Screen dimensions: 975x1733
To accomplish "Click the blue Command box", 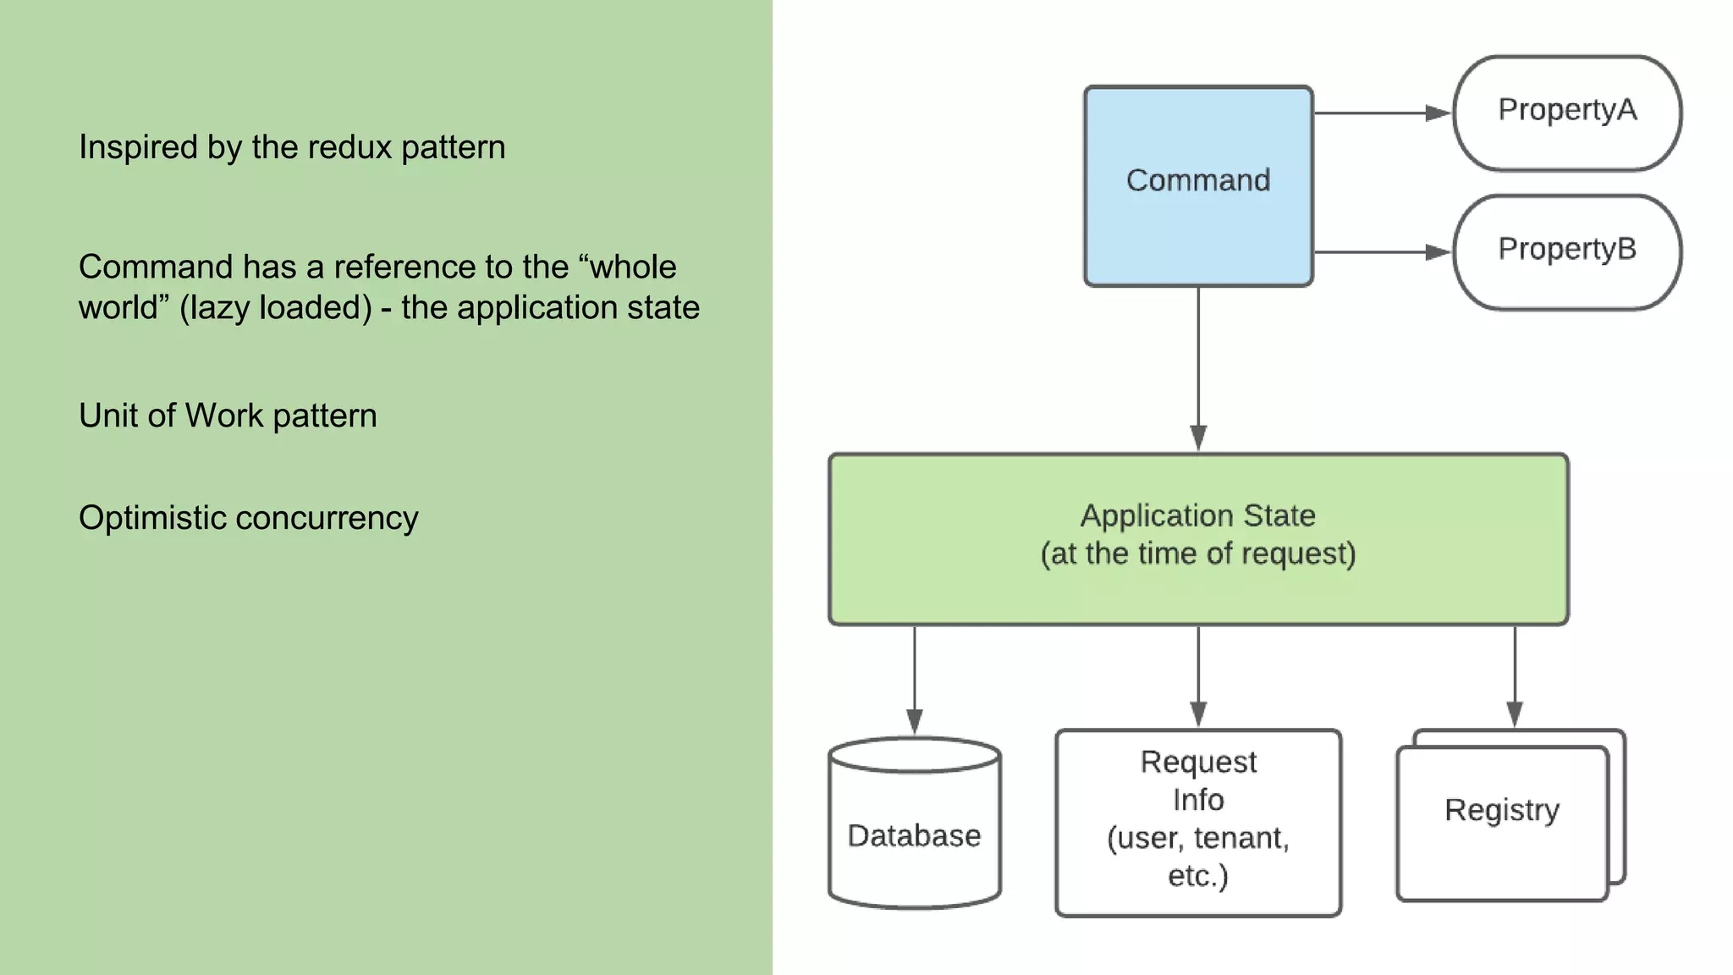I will coord(1198,185).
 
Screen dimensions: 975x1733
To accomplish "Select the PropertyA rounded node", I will coord(1567,113).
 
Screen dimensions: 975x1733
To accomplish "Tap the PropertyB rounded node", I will coord(1567,252).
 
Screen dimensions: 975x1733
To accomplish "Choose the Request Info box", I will coord(1198,821).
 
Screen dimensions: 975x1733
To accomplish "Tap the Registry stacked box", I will coord(1502,817).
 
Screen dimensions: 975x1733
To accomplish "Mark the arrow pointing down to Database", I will coord(914,677).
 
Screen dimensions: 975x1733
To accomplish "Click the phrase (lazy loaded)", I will coord(276,308).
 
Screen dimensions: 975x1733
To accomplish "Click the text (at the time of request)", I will coord(1198,554).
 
